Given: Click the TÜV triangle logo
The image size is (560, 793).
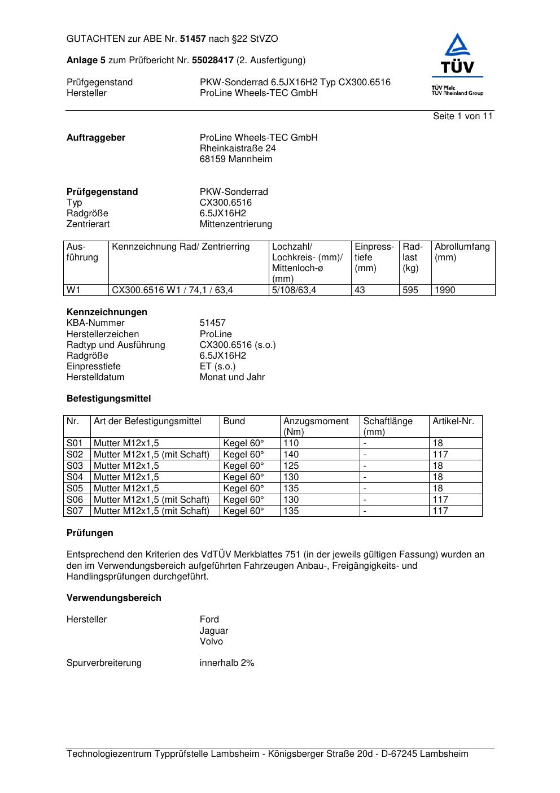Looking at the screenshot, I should [x=457, y=54].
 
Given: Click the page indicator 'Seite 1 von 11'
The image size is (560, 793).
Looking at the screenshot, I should [x=462, y=116].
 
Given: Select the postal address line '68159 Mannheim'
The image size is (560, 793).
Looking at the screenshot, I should [x=235, y=159].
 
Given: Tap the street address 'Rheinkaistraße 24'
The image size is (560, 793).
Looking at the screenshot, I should [x=238, y=149].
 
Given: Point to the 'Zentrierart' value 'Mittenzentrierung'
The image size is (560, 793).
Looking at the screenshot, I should [x=235, y=224].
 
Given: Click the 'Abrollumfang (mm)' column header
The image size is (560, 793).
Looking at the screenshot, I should [x=462, y=252].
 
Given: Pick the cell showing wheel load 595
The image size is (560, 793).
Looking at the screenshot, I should [x=410, y=290].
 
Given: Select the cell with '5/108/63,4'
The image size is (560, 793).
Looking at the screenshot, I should [x=294, y=290].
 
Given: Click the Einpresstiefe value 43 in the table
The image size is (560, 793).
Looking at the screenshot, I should [x=360, y=290].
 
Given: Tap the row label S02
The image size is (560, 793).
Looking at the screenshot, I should [x=75, y=455].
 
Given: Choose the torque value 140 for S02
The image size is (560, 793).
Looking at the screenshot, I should [x=291, y=455].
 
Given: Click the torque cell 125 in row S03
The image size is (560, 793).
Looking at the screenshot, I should [x=291, y=466].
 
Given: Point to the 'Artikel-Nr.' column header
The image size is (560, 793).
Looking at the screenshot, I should [x=453, y=421].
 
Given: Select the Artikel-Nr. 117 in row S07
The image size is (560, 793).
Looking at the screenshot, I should [x=440, y=511].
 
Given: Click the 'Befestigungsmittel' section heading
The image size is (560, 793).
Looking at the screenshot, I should [x=108, y=399].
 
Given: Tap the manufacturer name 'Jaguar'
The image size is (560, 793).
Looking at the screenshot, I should [x=214, y=631].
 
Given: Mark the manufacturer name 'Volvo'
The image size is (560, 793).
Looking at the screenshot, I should [x=211, y=642].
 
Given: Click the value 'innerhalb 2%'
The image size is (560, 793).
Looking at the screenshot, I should [x=227, y=663].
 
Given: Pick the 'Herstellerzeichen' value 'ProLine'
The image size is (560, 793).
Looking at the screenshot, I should [x=216, y=334].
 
